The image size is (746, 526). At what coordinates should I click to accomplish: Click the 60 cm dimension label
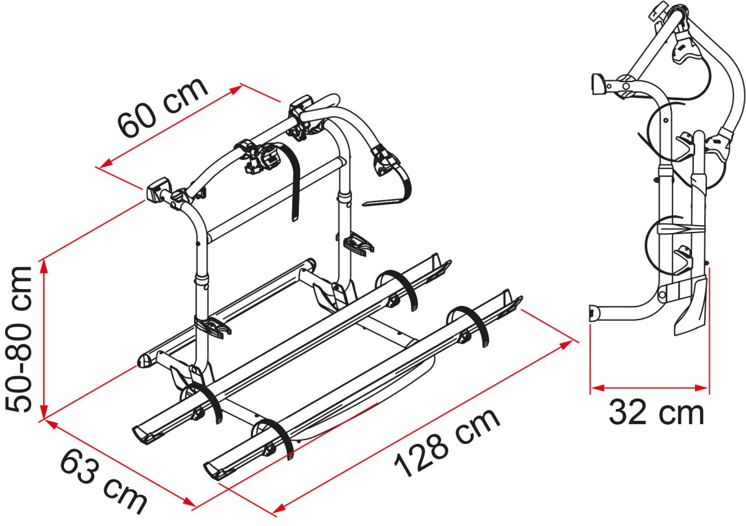pyautogui.click(x=163, y=108)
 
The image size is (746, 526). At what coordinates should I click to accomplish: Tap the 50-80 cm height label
pyautogui.click(x=19, y=339)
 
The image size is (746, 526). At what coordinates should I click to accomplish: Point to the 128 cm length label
pyautogui.click(x=447, y=443)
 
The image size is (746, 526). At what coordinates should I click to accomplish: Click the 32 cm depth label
pyautogui.click(x=656, y=413)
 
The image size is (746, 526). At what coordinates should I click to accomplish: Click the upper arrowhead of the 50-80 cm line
pyautogui.click(x=44, y=266)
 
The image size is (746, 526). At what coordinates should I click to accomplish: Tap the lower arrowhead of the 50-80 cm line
pyautogui.click(x=44, y=412)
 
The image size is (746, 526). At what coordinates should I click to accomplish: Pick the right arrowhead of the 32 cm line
pyautogui.click(x=701, y=387)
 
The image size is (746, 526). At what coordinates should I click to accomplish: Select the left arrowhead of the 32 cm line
pyautogui.click(x=597, y=387)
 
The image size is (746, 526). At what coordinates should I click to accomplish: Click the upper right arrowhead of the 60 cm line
pyautogui.click(x=237, y=90)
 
